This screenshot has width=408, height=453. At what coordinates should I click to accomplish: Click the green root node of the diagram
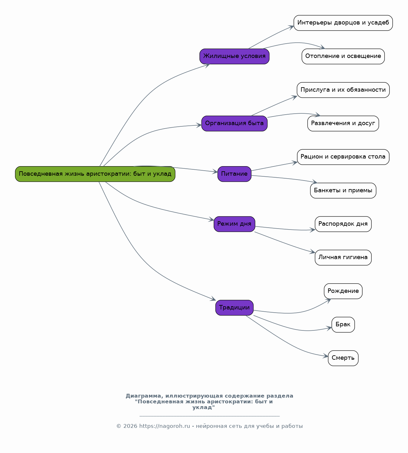[95, 174]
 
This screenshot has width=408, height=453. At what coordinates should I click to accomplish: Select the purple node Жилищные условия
[234, 56]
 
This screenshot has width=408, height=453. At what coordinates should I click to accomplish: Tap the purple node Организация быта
[234, 123]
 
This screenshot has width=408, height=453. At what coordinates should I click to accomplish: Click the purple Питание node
[234, 174]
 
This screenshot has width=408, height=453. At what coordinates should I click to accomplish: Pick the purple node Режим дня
[234, 224]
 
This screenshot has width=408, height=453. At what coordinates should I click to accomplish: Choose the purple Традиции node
[234, 308]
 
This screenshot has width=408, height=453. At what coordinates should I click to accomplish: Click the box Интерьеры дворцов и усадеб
[343, 23]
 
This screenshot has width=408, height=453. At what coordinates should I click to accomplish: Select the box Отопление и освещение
[343, 56]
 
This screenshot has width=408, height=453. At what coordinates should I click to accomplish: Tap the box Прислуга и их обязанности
[343, 90]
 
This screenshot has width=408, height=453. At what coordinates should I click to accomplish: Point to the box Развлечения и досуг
[343, 123]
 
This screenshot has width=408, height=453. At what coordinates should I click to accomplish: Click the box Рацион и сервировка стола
[343, 157]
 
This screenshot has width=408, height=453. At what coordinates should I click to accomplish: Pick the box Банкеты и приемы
[343, 190]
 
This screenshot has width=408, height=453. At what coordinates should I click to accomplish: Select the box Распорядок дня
[343, 224]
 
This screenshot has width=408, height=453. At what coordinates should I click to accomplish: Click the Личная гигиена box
[343, 258]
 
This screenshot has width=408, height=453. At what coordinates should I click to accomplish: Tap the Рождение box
[343, 291]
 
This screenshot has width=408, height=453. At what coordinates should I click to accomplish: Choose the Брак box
[343, 324]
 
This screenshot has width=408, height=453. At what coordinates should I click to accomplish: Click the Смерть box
[343, 358]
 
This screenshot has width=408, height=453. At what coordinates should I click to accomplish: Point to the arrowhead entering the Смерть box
[326, 356]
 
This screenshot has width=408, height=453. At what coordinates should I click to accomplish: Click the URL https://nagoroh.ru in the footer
[164, 426]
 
